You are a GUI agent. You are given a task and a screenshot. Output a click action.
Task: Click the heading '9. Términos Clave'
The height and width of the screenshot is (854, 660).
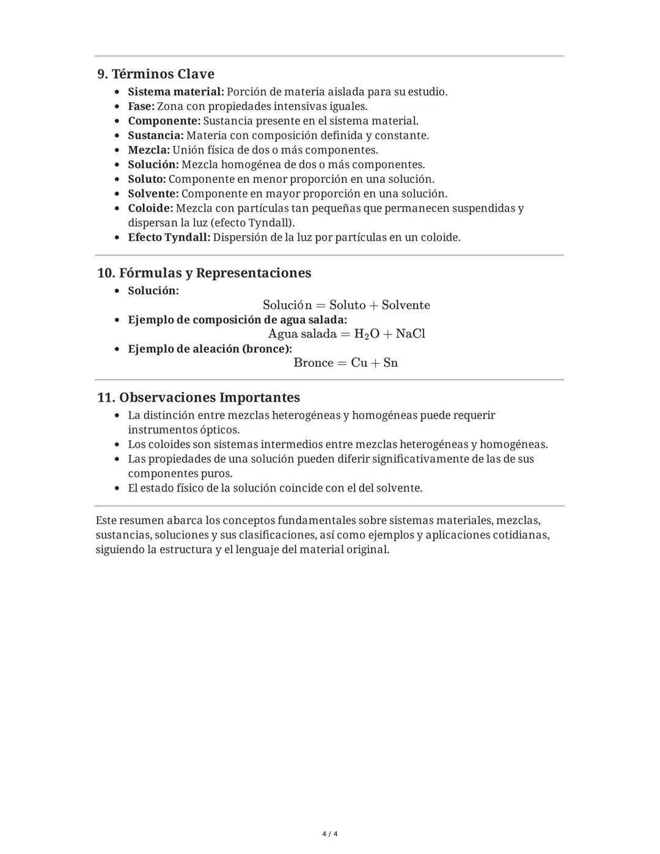point(156,74)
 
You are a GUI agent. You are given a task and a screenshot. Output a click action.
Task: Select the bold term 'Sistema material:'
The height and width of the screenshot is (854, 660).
point(176,92)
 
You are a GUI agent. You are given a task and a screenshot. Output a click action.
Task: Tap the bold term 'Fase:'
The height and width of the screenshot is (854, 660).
point(141,106)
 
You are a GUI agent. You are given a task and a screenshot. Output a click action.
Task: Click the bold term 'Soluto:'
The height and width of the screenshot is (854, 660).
point(147,179)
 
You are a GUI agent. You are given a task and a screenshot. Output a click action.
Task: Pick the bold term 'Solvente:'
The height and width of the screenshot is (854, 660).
point(153,194)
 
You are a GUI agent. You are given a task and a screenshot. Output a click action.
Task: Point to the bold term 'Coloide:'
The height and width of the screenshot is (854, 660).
point(150,208)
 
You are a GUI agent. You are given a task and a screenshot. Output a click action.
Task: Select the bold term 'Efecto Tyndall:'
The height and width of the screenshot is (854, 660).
point(169,237)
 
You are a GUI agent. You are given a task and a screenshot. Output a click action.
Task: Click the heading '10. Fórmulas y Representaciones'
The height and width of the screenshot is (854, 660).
point(204,273)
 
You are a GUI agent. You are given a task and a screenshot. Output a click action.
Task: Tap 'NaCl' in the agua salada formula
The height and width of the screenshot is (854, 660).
point(411,334)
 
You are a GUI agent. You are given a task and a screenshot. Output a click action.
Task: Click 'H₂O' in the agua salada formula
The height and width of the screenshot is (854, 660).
point(367,334)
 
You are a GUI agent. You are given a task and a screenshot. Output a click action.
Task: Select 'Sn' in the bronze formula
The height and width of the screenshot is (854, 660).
point(391,363)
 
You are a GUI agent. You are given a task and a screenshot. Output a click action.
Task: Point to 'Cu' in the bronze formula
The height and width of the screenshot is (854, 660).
point(359,363)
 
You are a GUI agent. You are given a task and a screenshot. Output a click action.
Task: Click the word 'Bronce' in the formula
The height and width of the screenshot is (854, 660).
point(313,363)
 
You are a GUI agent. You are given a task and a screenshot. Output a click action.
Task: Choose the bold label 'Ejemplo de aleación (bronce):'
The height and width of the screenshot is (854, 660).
point(210,349)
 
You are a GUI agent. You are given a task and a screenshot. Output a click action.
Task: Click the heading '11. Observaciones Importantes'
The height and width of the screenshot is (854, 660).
point(199,397)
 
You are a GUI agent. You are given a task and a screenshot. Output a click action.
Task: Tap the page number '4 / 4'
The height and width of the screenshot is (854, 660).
point(330,834)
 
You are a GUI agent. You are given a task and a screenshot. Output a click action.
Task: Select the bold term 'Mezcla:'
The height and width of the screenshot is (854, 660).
point(148,150)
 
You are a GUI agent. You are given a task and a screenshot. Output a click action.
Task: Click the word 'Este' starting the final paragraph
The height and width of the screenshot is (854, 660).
point(106,521)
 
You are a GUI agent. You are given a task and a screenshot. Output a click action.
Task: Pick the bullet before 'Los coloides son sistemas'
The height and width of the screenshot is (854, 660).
point(118,445)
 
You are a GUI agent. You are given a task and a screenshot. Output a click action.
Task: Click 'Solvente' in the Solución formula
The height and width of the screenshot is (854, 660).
point(406,305)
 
